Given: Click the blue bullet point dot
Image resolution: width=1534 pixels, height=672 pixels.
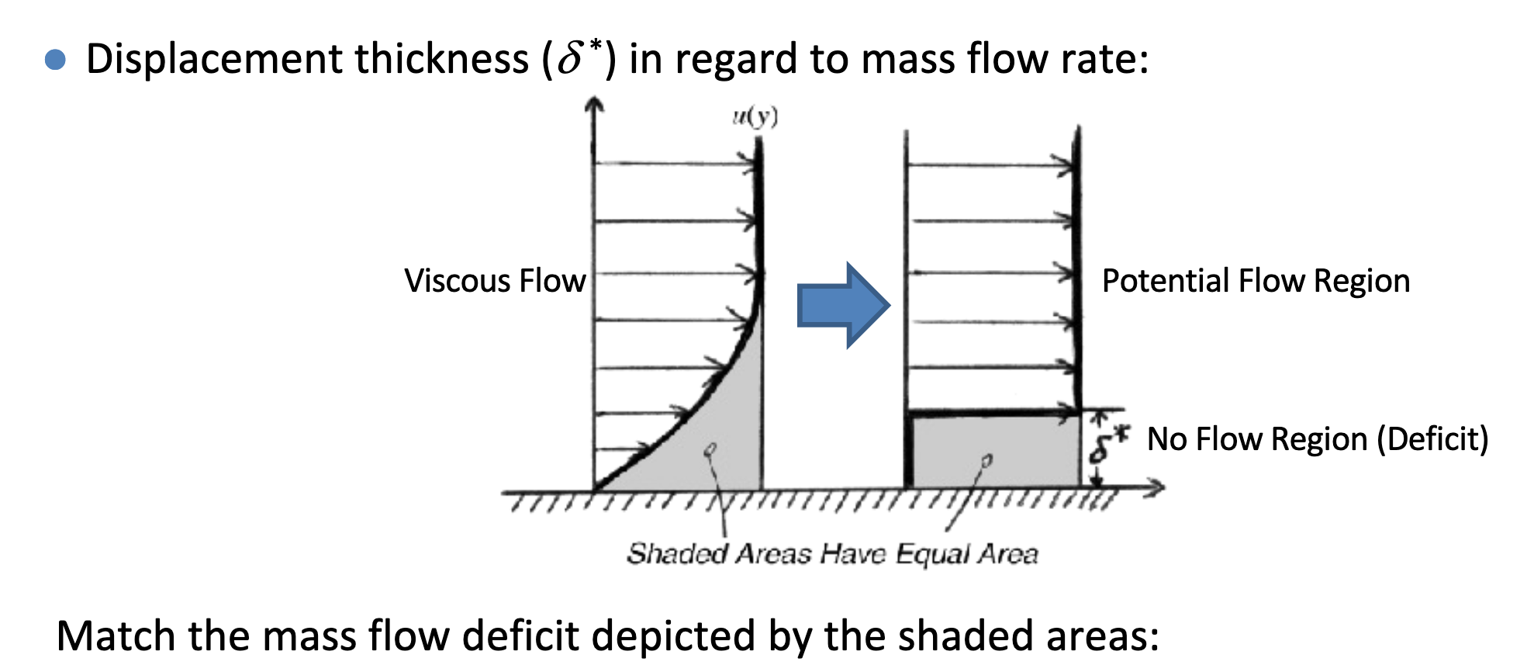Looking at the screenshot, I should [55, 60].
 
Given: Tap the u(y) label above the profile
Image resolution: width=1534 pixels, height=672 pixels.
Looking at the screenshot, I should [755, 116].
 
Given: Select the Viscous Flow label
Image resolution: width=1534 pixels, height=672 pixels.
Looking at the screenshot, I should [495, 281].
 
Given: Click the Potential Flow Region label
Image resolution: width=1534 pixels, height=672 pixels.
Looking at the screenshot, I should [1256, 281].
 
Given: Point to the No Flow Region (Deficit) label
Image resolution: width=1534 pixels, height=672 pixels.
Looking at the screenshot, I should [1317, 439].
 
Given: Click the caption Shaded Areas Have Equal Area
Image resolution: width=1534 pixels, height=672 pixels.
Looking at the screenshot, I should [832, 554].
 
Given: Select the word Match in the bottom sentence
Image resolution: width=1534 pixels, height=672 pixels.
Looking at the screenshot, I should [116, 636].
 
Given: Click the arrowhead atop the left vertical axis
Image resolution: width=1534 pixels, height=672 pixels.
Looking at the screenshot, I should [594, 105].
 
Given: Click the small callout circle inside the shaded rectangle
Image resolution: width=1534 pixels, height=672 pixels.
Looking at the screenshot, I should [986, 461].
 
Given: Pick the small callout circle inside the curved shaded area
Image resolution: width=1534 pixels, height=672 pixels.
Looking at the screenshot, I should [711, 449].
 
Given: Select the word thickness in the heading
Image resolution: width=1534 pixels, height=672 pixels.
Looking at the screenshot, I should [441, 59].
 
